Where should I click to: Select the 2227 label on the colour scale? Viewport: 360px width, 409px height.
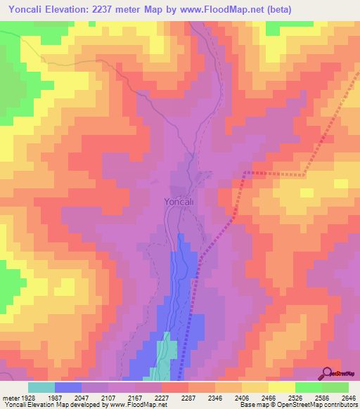click(162, 398)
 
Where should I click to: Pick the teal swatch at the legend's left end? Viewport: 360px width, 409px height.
click(41, 387)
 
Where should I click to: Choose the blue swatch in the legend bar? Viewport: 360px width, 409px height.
click(68, 387)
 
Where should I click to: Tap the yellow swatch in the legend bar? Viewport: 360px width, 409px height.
click(281, 387)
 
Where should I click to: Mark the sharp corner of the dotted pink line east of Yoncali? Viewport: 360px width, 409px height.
click(245, 171)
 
